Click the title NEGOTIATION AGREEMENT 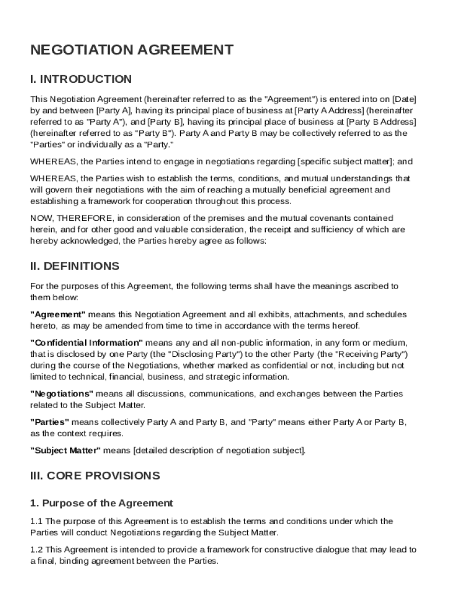[132, 50]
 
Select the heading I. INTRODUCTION [81, 79]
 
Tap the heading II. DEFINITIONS [75, 266]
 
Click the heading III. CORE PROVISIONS [95, 476]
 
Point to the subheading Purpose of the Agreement [108, 503]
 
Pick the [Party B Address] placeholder [381, 121]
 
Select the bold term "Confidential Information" [86, 343]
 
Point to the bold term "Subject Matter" [66, 450]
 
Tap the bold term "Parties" [50, 422]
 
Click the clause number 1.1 [37, 521]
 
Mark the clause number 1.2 [37, 550]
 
